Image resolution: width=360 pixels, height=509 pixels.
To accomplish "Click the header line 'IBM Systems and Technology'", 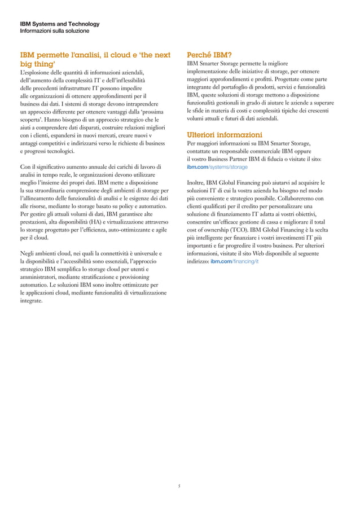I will click(x=60, y=24).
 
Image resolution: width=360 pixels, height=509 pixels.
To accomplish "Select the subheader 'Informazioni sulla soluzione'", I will click(x=54, y=31).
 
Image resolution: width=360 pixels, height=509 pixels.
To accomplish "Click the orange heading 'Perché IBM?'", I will click(x=209, y=55).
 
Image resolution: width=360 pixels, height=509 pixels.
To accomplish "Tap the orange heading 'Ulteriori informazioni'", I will click(x=224, y=135).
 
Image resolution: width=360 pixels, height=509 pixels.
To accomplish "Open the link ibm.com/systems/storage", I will click(x=217, y=168).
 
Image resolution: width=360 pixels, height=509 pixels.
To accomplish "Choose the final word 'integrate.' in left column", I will click(x=31, y=301).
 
